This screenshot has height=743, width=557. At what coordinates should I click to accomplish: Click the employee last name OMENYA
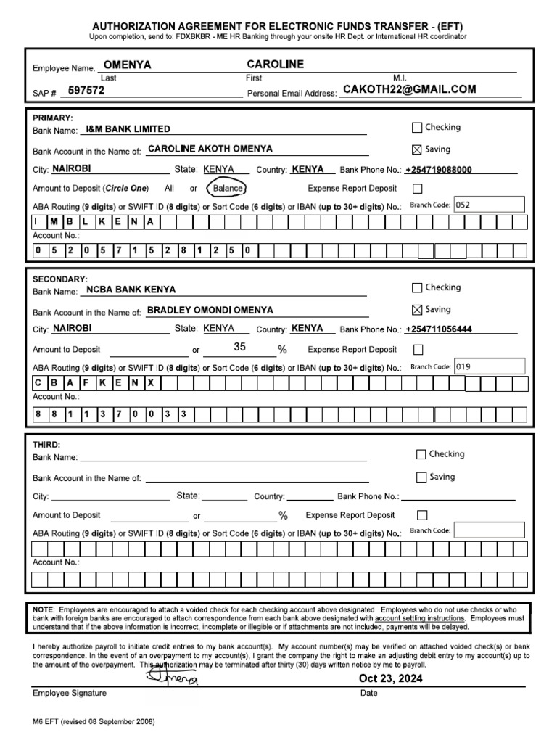[x=128, y=65]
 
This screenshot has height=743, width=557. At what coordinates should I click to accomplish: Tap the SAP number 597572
[x=86, y=91]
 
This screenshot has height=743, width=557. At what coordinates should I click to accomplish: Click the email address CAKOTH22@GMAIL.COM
[x=409, y=89]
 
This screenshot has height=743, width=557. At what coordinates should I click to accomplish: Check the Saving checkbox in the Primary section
[x=416, y=150]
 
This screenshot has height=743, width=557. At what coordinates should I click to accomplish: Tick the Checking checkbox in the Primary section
[x=416, y=128]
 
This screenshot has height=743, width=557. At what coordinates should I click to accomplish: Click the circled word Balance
[x=227, y=189]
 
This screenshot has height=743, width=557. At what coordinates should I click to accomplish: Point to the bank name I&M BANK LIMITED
[x=128, y=129]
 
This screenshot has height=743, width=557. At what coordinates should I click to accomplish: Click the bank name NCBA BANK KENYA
[x=131, y=290]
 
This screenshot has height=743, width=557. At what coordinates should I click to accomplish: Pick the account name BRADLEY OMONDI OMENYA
[x=210, y=311]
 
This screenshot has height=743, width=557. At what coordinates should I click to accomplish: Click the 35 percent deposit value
[x=240, y=348]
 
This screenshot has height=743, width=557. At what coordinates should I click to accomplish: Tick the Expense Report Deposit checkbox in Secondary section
[x=418, y=350]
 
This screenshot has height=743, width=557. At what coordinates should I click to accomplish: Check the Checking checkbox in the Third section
[x=421, y=455]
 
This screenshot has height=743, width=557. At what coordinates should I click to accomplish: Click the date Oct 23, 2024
[x=390, y=678]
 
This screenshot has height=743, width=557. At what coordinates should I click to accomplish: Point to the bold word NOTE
[x=44, y=609]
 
